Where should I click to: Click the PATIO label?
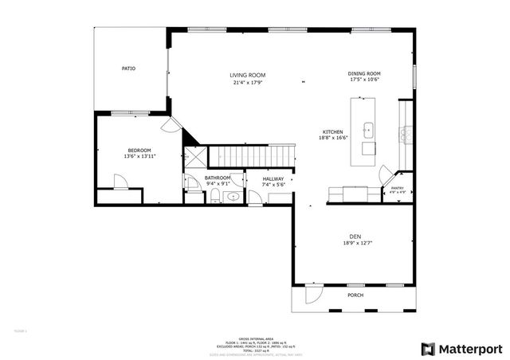[128, 68]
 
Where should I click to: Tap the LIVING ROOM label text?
[248, 75]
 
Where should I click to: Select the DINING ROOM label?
[364, 73]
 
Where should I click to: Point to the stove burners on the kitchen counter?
[406, 131]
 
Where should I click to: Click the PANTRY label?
[396, 188]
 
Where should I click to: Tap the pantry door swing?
[385, 171]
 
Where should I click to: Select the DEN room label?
[355, 236]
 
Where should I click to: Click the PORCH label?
[355, 295]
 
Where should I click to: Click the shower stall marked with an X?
[194, 158]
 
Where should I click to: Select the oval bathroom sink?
[232, 197]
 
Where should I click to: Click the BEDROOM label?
[139, 151]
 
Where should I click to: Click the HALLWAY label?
[273, 179]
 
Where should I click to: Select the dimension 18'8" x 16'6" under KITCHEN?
[332, 138]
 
